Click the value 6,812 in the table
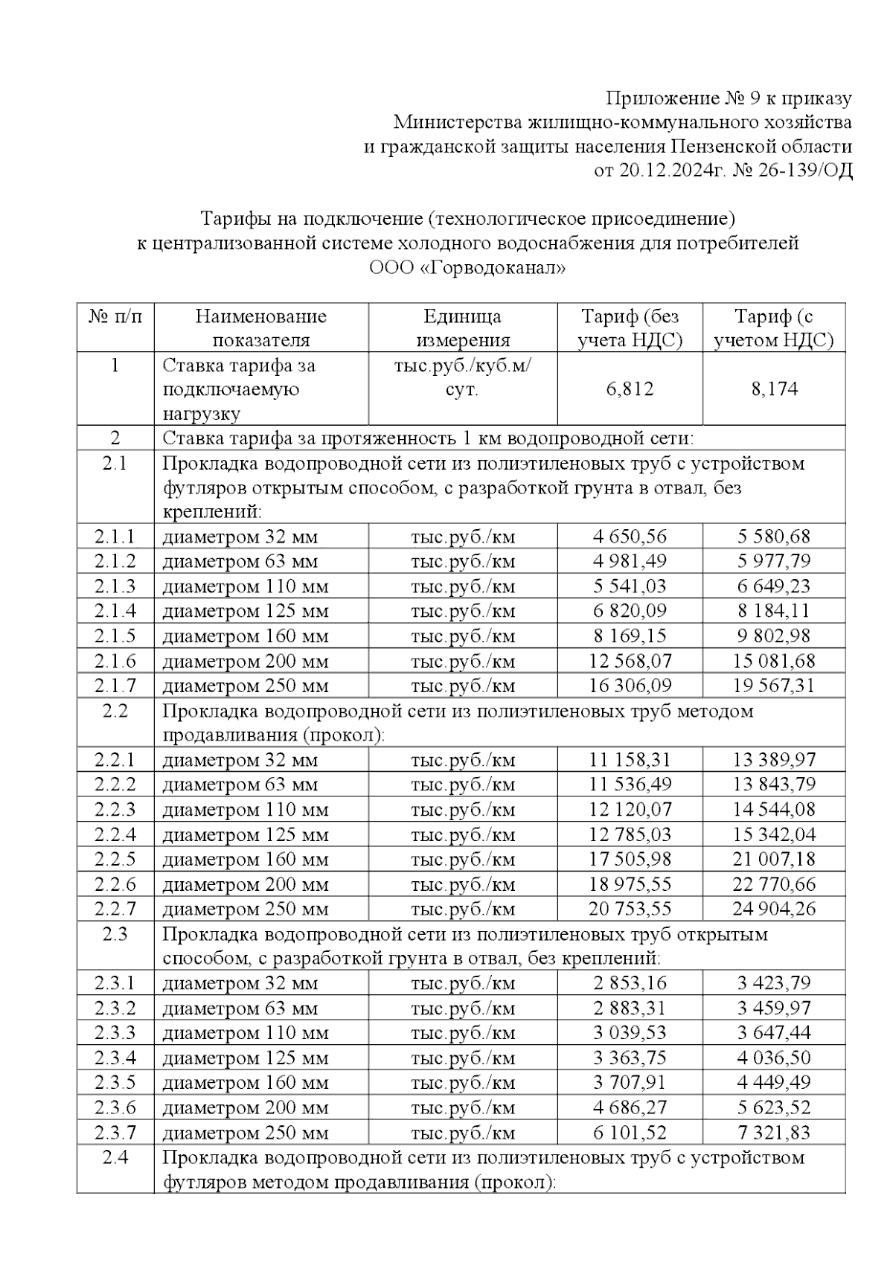pos(630,389)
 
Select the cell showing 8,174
pos(774,389)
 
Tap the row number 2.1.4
pos(115,611)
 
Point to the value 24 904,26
pos(774,909)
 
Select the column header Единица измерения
pos(462,328)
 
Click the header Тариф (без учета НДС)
pos(630,328)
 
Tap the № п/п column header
pos(115,317)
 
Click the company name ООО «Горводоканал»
pos(467,268)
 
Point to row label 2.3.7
pos(115,1133)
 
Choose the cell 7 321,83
pos(774,1133)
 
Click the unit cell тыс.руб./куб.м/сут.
pos(462,377)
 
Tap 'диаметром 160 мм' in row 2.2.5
pos(246,860)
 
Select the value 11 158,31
pos(630,760)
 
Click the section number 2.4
pos(115,1158)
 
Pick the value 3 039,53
pos(630,1033)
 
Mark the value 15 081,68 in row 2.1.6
pos(774,661)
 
